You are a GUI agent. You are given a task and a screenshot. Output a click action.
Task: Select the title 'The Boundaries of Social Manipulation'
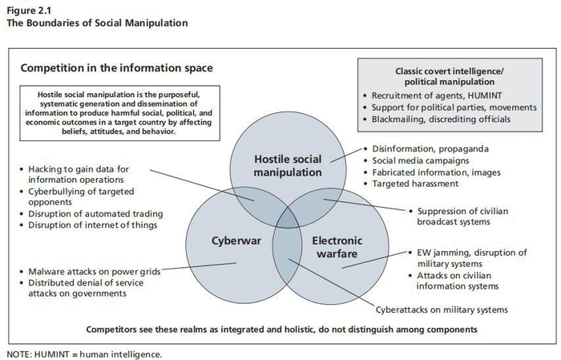coord(97,22)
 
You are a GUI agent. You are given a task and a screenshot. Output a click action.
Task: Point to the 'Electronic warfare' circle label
coord(337,246)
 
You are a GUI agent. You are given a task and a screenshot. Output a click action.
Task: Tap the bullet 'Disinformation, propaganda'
coord(430,149)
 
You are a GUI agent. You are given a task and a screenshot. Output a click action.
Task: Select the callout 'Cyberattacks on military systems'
coord(442,309)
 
